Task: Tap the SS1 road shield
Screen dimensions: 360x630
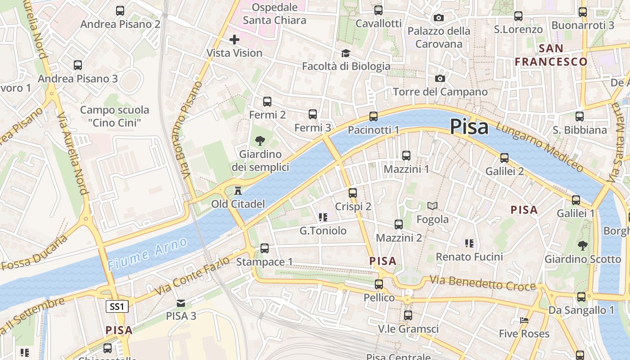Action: [x=117, y=307]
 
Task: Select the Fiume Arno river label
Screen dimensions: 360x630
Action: [x=148, y=254]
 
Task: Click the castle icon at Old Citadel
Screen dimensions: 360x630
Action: [x=238, y=191]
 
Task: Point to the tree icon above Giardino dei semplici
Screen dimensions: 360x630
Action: [x=260, y=141]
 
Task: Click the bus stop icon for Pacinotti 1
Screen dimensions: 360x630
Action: [x=373, y=117]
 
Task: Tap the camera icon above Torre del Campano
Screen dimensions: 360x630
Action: [x=440, y=78]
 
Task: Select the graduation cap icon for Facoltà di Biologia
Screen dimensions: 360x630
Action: [x=346, y=54]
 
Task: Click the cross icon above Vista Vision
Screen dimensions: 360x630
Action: [x=234, y=40]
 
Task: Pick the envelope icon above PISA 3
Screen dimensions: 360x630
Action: [x=181, y=303]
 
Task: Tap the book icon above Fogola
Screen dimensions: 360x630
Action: [x=432, y=206]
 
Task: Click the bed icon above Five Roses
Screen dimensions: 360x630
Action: [x=524, y=320]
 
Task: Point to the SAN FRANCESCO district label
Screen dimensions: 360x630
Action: [x=551, y=55]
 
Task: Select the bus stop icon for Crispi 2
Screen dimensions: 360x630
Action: [x=353, y=193]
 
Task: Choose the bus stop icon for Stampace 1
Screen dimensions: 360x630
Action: [x=265, y=248]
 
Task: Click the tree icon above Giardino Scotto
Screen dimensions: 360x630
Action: [x=583, y=246]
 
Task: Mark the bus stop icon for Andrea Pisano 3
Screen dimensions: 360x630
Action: [x=78, y=65]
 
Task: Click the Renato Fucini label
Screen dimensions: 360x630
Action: [x=469, y=257]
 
